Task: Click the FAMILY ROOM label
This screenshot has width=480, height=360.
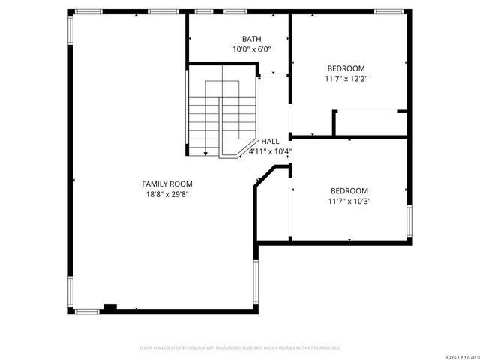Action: tap(167, 184)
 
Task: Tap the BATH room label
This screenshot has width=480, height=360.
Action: tap(251, 39)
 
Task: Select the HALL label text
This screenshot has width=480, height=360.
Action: tap(270, 141)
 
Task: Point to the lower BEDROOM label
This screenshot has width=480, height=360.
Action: tap(349, 190)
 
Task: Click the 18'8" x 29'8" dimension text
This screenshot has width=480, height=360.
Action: tap(167, 194)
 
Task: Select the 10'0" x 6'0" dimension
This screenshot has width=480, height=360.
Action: tap(251, 49)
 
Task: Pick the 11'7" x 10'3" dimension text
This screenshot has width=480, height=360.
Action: tap(349, 201)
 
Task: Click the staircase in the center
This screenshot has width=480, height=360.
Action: tap(222, 112)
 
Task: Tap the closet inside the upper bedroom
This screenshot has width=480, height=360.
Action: tap(370, 122)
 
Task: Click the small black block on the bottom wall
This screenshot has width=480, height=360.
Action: tap(110, 306)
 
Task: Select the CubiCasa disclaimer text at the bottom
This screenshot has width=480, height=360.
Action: tap(240, 347)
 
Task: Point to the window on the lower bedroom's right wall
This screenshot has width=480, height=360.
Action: tap(409, 222)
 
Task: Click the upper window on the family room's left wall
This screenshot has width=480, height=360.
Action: tap(71, 38)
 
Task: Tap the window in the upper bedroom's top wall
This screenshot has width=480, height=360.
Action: tap(388, 12)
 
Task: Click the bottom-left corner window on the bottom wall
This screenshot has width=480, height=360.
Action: tap(87, 310)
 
